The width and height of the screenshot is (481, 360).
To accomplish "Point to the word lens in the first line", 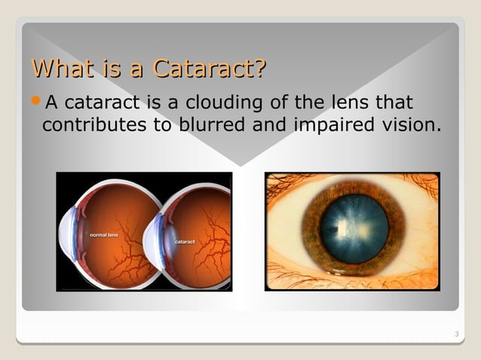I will pyautogui.click(x=357, y=102).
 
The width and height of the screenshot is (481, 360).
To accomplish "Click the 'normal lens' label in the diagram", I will pyautogui.click(x=104, y=236).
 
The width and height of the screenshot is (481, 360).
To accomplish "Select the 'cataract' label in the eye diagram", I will pyautogui.click(x=185, y=242).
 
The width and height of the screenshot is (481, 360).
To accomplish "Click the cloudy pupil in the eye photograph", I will pyautogui.click(x=354, y=228).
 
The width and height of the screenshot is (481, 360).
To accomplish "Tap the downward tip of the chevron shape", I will pyautogui.click(x=240, y=165).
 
